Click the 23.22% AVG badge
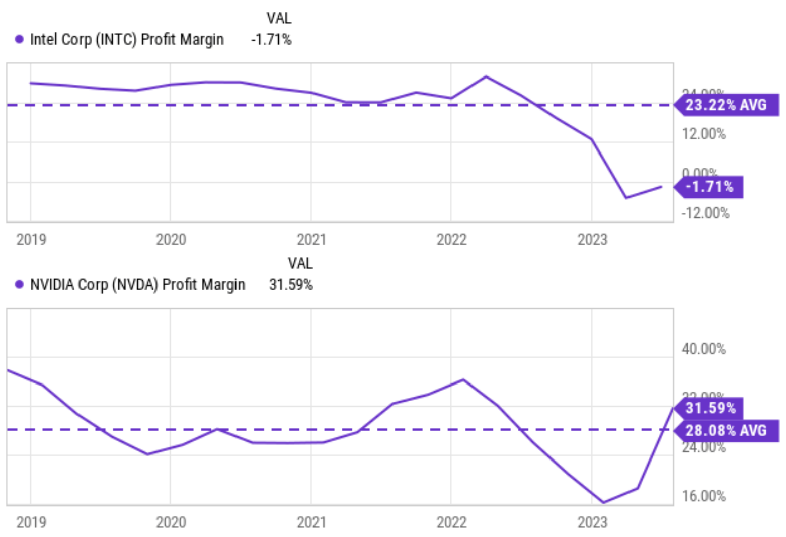726,105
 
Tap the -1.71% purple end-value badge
710,187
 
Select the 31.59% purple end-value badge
710,408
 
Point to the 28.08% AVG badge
726,431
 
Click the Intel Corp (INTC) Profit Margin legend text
127,40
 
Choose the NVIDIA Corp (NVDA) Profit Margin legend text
137,285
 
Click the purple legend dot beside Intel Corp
19,39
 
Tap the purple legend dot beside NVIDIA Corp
19,284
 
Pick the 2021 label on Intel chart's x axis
311,240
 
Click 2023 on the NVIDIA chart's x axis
592,522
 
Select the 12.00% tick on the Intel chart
703,134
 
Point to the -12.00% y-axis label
705,213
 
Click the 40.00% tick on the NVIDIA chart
703,349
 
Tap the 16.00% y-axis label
703,496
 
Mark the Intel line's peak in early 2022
486,76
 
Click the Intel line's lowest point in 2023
626,198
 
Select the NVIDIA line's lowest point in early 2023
603,502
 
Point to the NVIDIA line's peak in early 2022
463,379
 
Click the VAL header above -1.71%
279,18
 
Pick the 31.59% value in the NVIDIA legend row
291,285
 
